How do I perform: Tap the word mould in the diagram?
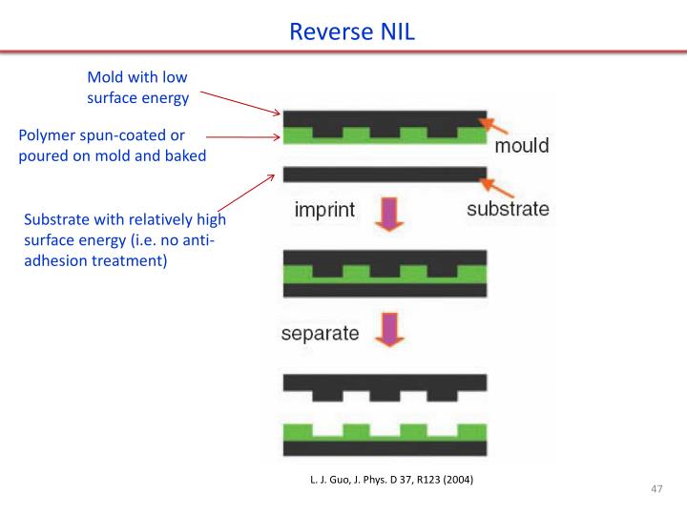[x=521, y=146]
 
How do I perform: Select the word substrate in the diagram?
[x=508, y=209]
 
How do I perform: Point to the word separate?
[x=320, y=334]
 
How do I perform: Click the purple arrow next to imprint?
[x=389, y=215]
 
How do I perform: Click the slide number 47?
[x=656, y=489]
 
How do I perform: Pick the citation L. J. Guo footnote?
[x=391, y=478]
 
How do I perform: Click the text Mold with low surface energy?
[x=138, y=87]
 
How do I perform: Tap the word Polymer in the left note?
[x=48, y=135]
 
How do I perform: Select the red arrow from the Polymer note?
[x=242, y=136]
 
